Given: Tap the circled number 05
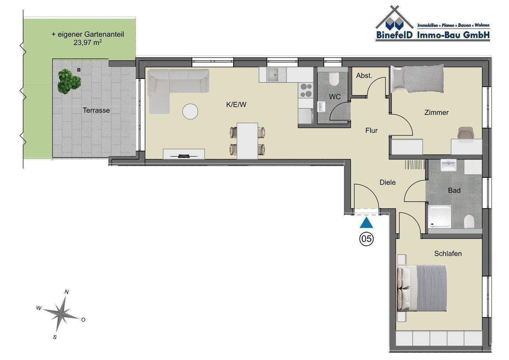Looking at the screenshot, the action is click(366, 239).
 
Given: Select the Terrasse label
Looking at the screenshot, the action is click(96, 110).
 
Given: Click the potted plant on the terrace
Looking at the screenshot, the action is click(69, 82).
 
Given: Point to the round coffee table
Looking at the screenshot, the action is click(190, 111).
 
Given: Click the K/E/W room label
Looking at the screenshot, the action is click(236, 105).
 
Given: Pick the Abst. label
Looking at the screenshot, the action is click(364, 76).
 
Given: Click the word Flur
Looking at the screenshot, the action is click(371, 130).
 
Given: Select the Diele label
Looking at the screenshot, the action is click(388, 182).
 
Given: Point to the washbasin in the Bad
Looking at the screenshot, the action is click(448, 165).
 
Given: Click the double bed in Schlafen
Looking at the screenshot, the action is click(422, 288).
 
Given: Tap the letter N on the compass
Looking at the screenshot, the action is click(66, 292).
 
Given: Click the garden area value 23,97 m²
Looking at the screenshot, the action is click(88, 42).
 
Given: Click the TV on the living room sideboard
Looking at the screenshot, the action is click(184, 156).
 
